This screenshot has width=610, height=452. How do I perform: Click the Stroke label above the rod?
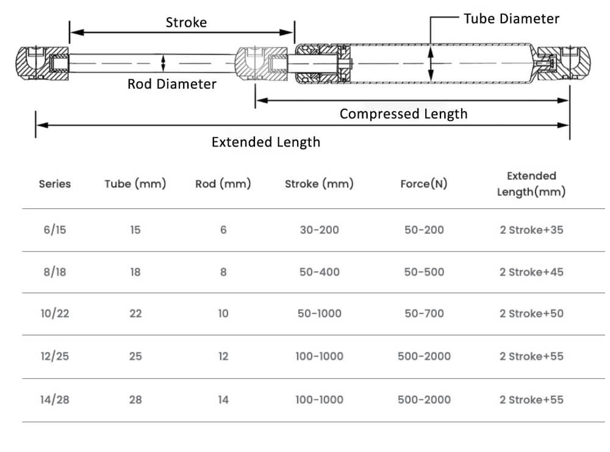coord(186,23)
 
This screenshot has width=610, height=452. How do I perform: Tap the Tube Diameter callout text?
coord(511,19)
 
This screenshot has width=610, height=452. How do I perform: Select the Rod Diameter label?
coord(171,84)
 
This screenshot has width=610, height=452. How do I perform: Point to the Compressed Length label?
coord(403,114)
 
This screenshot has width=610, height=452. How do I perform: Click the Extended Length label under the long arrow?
coord(265,142)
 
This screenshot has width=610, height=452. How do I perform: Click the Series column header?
coord(55,184)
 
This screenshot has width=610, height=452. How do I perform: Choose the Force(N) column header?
coord(423,184)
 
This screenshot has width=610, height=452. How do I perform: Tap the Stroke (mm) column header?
coord(319,184)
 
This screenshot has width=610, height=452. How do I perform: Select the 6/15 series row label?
coord(54,230)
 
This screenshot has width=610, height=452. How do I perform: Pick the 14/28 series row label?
coord(54,400)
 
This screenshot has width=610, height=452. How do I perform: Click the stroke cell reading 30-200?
coord(319,230)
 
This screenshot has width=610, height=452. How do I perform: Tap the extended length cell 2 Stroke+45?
coord(531,272)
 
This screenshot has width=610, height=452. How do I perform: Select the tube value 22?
coord(135,314)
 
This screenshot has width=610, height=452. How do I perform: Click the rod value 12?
coord(223,356)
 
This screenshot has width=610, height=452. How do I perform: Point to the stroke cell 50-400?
coord(319,272)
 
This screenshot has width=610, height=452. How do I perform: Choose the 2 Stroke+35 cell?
coord(531,230)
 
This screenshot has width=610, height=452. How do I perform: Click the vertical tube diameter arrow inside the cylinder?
coord(431,63)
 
